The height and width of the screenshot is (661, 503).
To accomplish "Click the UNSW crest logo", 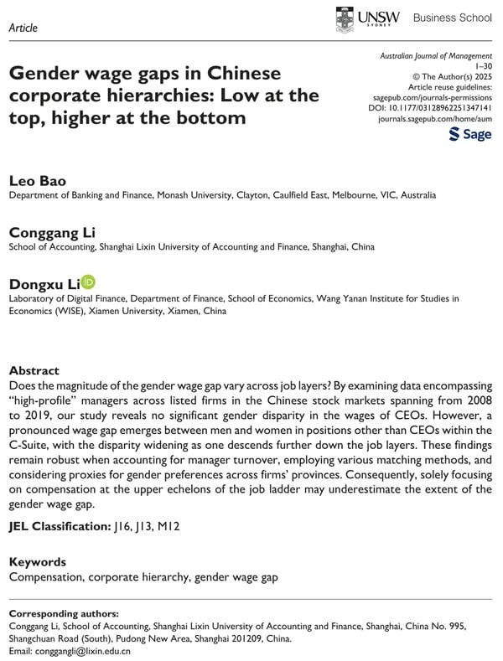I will pyautogui.click(x=345, y=18).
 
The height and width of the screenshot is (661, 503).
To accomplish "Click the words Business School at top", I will pyautogui.click(x=453, y=18).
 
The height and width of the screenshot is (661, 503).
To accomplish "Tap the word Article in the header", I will pyautogui.click(x=23, y=28).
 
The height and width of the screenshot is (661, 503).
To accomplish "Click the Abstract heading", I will pyautogui.click(x=34, y=370).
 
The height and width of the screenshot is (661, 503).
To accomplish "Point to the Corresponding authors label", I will pyautogui.click(x=64, y=612).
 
